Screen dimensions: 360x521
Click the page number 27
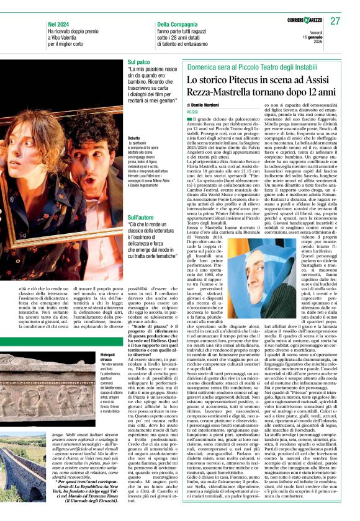point(335,21)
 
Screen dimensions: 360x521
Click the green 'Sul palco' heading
point(139,63)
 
